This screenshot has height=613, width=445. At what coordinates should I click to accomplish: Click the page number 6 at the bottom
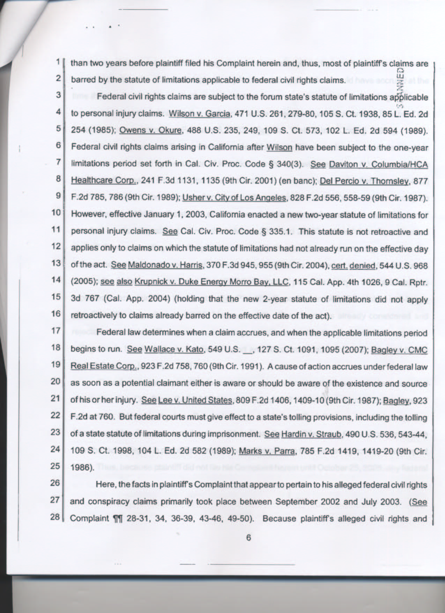click(x=248, y=538)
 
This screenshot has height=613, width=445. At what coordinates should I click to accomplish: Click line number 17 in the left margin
click(x=56, y=330)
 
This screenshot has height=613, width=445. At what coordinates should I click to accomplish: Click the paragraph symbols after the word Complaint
click(x=118, y=518)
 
